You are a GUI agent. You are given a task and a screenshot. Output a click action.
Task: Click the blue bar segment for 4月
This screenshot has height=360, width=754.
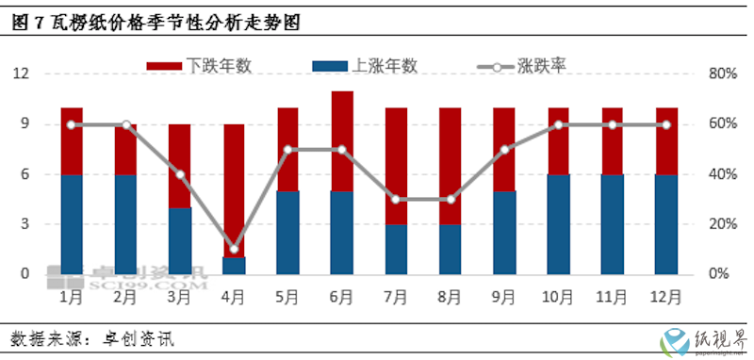coord(234,266)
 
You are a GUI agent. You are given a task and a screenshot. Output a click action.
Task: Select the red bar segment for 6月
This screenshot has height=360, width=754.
coord(342,141)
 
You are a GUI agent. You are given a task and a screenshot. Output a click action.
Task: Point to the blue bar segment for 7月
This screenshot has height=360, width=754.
coord(396,249)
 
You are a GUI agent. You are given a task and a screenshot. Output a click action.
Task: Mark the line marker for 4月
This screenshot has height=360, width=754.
coord(234,249)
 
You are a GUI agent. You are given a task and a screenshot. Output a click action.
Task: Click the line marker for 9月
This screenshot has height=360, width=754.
coord(504,149)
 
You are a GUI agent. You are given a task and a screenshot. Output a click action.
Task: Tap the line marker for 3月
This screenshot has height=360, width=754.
coord(179,174)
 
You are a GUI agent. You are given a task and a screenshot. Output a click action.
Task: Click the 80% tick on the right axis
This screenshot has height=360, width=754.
coord(721,74)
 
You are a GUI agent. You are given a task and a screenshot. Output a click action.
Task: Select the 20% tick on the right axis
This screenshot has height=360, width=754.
coord(721,224)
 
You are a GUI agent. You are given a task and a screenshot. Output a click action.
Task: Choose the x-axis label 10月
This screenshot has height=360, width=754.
coord(558,296)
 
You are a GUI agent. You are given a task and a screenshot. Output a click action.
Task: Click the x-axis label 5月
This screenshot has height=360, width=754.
coord(287,296)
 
